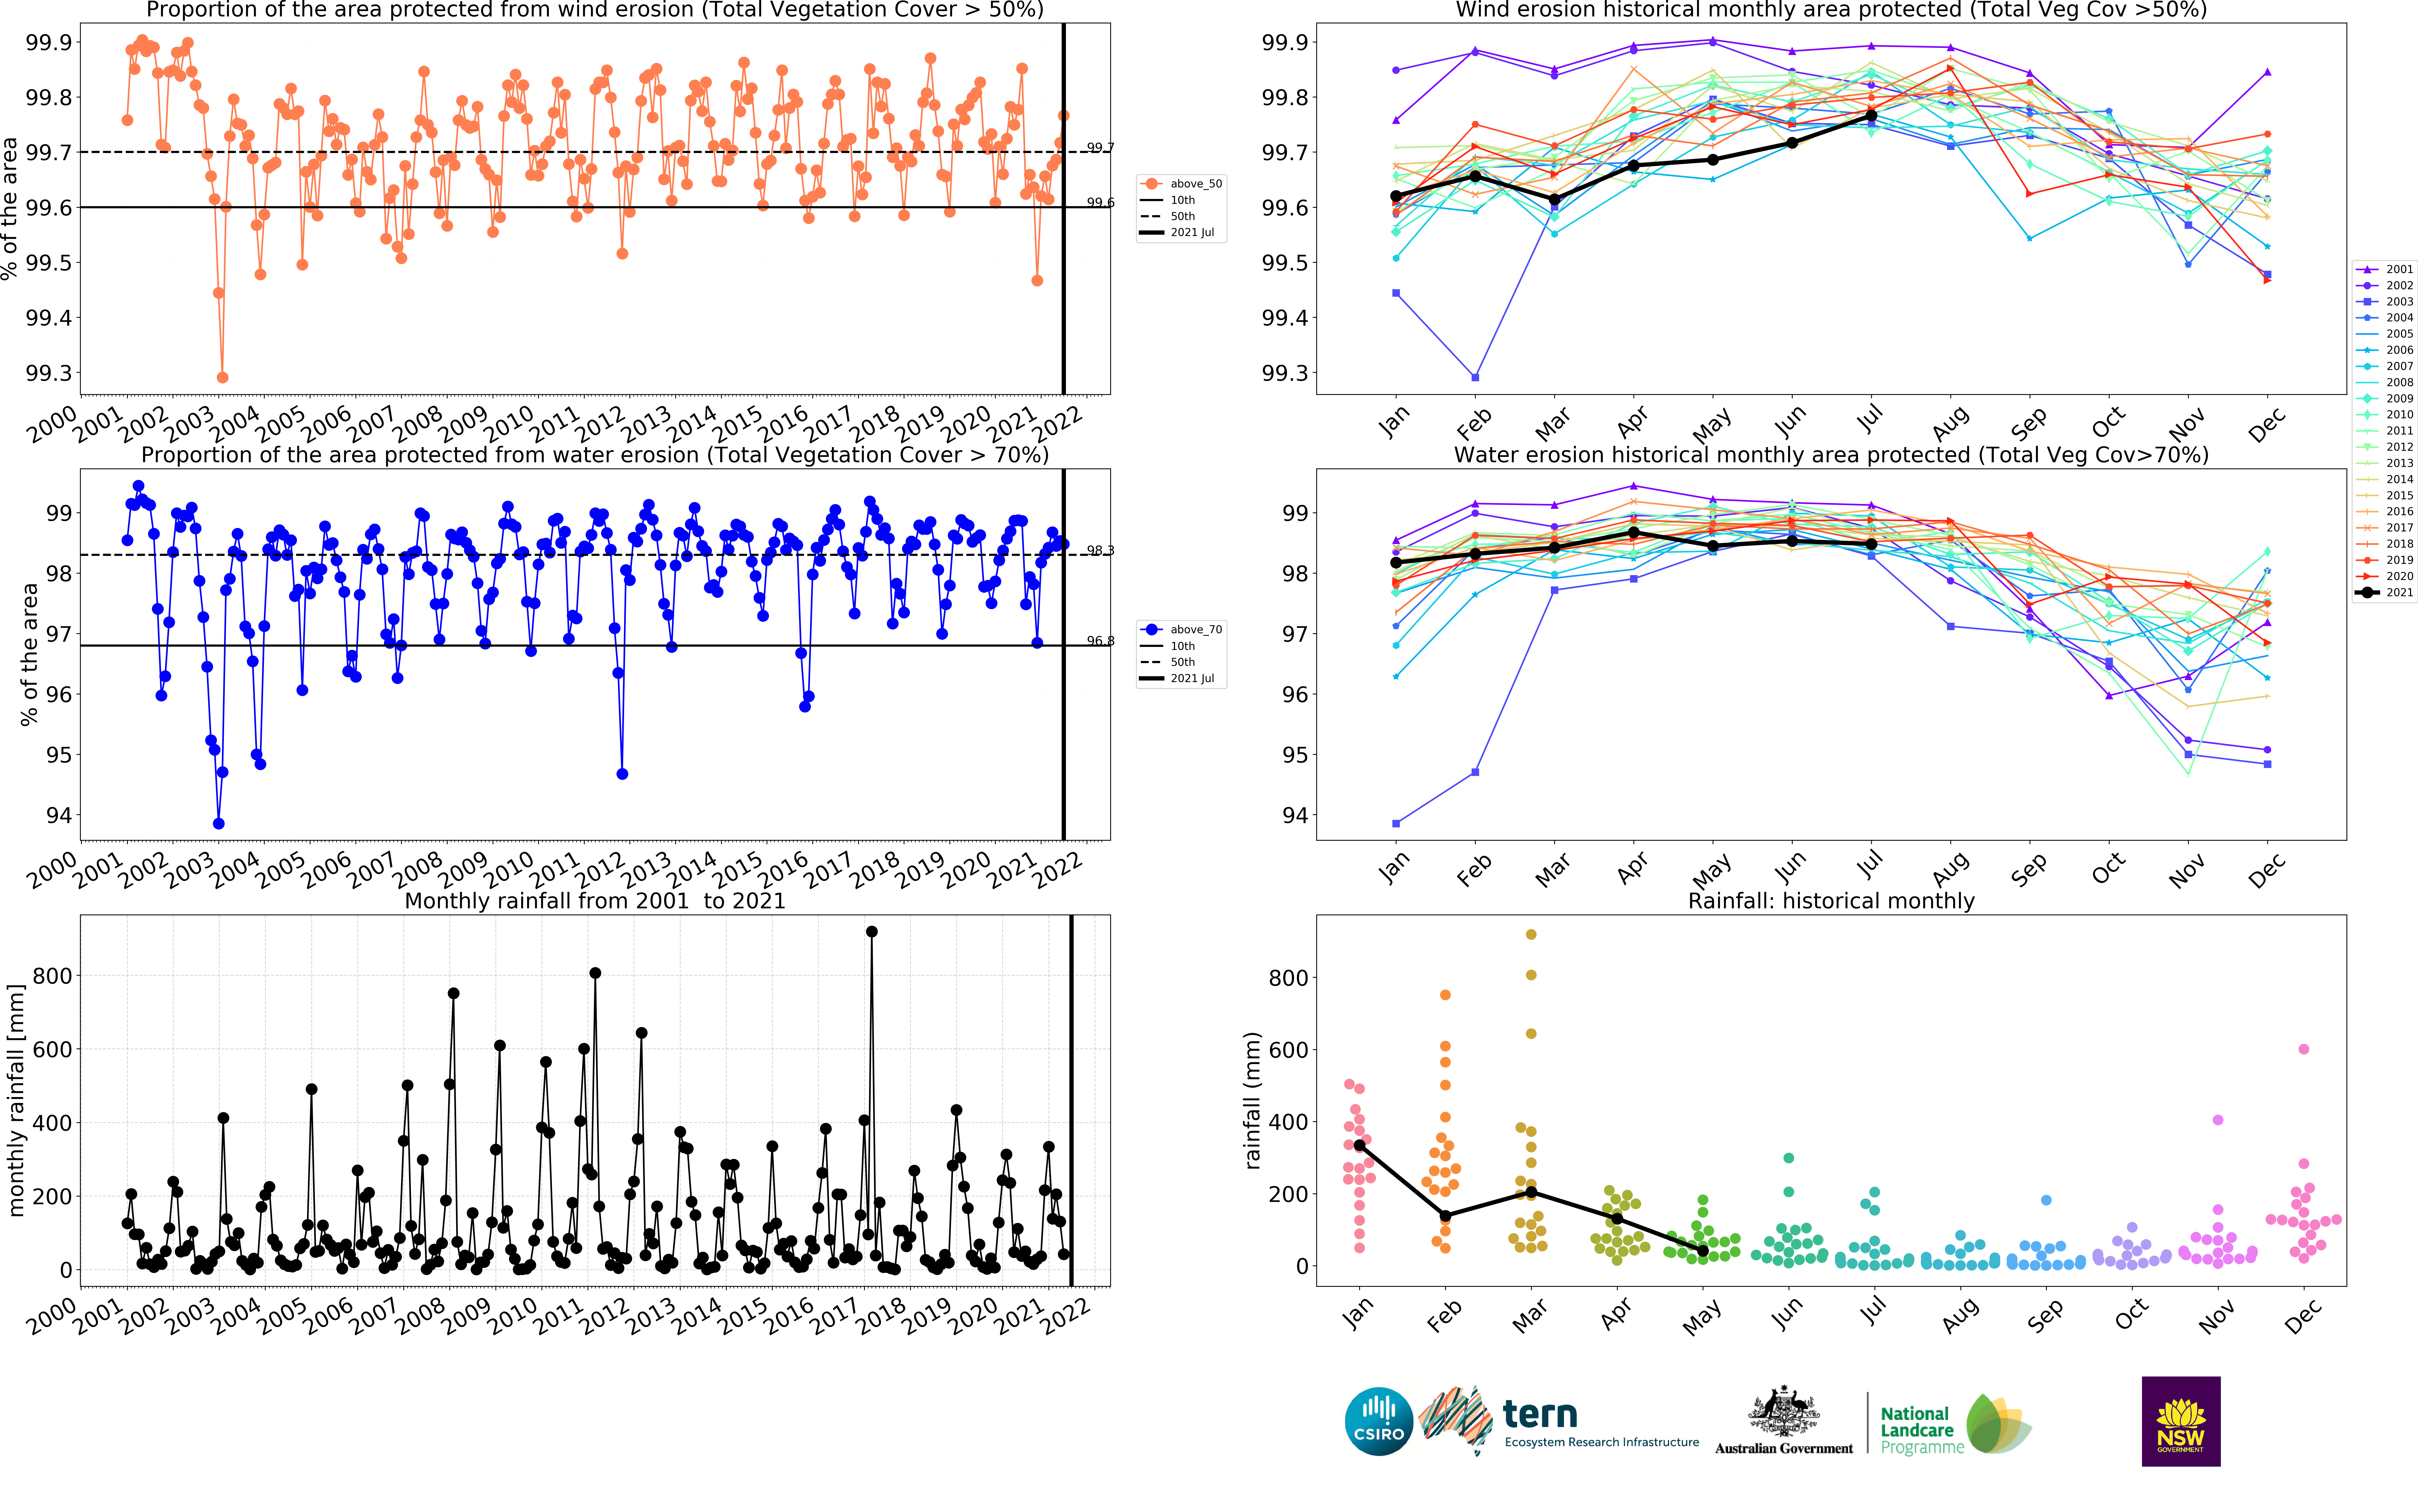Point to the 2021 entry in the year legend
click(2398, 592)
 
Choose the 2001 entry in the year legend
click(2398, 269)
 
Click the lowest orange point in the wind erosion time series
click(222, 377)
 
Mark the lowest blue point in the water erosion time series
click(218, 823)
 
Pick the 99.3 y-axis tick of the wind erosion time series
click(49, 373)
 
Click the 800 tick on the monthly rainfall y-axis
click(52, 975)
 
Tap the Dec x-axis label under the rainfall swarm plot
click(2302, 1316)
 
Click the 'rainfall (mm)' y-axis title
click(1252, 1100)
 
